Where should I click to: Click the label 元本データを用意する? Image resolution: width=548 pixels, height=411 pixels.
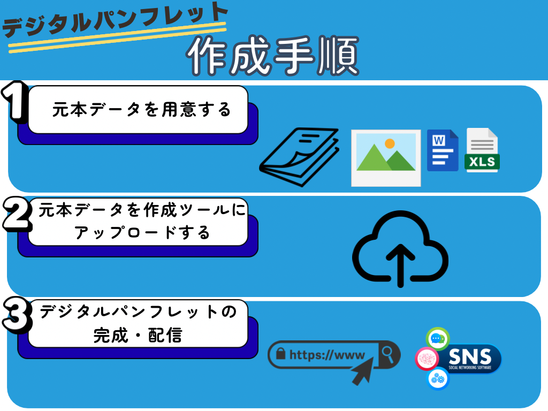[142, 110]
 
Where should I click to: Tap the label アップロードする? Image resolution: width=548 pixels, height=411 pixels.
[142, 233]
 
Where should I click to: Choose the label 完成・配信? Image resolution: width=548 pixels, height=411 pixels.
[138, 336]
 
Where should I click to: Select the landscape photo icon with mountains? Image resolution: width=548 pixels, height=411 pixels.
[386, 157]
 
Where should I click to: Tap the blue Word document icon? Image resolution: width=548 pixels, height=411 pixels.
[443, 150]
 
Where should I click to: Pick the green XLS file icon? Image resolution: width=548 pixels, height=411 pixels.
[482, 150]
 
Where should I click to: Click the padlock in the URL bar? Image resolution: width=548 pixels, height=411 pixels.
[280, 354]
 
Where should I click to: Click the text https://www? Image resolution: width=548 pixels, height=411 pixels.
[326, 355]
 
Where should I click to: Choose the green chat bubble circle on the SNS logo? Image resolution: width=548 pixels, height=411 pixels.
[437, 339]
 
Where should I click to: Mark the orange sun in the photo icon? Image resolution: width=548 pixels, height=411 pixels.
[390, 143]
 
